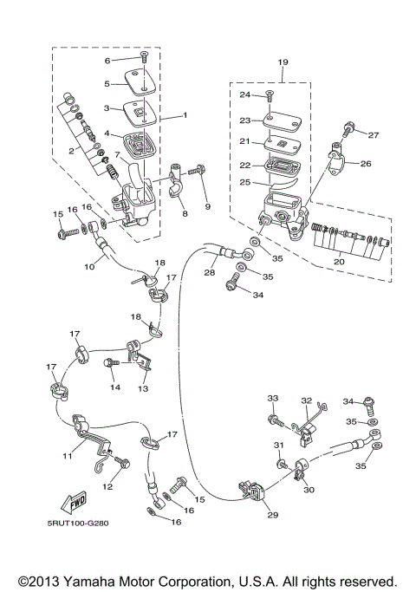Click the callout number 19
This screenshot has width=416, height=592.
point(282,62)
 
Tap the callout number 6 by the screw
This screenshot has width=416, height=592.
point(108,61)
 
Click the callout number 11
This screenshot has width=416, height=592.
point(67,455)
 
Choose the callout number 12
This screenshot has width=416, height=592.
point(107,487)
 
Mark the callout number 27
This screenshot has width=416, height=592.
point(374,135)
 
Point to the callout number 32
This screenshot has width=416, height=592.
point(306,401)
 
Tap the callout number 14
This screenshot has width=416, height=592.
point(114,388)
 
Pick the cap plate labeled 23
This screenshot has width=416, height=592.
point(270,120)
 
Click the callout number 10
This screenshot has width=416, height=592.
point(88,268)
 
